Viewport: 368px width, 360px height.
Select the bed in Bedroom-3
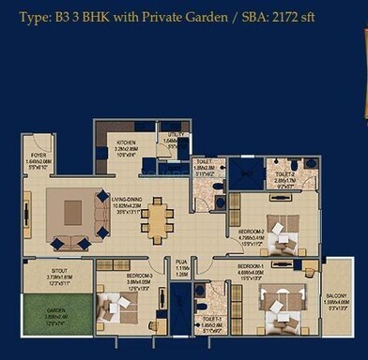117,309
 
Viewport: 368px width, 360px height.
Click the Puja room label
183,269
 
